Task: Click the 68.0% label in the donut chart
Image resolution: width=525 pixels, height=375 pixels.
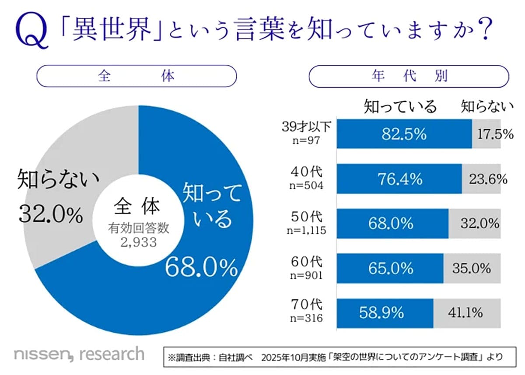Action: [201, 267]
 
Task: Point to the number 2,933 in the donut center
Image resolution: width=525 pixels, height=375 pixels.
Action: [138, 242]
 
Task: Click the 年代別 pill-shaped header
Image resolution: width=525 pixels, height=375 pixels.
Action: [409, 76]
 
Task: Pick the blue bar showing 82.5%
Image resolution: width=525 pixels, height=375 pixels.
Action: [404, 134]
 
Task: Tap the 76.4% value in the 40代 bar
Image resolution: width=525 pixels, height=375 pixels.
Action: [399, 179]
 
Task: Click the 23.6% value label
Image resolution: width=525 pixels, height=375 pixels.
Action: [487, 179]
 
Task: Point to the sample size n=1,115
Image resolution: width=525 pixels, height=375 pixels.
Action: [307, 230]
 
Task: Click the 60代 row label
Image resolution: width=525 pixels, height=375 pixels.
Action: [308, 262]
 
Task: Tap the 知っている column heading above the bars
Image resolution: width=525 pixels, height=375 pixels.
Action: [400, 106]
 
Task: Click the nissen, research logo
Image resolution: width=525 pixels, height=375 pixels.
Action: [79, 354]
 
